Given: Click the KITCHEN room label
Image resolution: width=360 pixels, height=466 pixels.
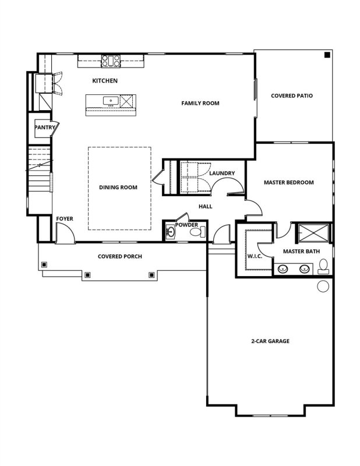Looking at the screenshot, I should pos(105,80).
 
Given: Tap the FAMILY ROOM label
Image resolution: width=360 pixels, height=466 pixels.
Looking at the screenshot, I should pos(200,103).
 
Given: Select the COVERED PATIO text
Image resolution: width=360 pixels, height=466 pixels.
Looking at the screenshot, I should pos(292,96).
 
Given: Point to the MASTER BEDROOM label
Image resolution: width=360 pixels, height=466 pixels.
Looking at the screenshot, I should pos(288,182).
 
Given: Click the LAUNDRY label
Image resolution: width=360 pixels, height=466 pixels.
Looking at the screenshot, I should pos(222,173).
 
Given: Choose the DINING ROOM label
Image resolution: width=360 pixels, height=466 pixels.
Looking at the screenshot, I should pos(118,188).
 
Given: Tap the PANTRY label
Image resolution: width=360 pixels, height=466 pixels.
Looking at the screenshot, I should pos(44,127).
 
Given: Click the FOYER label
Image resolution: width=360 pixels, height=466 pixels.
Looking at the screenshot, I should pos(65,219).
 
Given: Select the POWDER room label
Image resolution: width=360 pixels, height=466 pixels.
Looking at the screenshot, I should pos(186,225).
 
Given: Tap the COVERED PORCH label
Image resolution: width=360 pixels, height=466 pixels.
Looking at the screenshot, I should pos(120,256).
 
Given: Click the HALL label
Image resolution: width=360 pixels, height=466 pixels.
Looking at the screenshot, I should pos(205,206).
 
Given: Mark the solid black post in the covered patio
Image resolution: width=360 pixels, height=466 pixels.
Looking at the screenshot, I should pos(327,55).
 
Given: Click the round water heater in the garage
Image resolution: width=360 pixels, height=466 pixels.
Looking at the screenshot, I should pos(323,286).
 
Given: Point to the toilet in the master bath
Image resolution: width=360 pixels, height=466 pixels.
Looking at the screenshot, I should pos(324,267).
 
